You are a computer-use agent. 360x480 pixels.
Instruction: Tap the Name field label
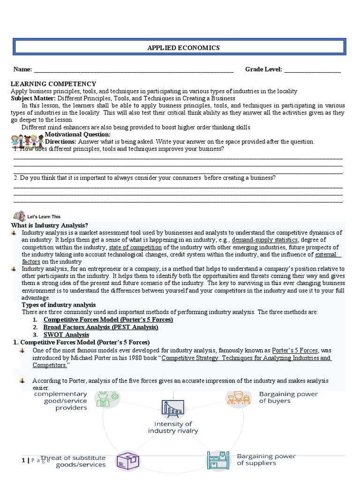[22, 69]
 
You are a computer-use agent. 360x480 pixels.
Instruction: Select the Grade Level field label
[263, 69]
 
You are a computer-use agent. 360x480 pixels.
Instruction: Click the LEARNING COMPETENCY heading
[53, 84]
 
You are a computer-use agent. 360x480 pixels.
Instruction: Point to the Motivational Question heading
[77, 135]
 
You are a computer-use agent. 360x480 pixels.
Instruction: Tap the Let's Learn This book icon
[19, 216]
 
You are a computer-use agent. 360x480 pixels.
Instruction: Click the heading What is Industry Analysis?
[50, 225]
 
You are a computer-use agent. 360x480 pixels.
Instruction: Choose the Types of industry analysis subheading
[59, 305]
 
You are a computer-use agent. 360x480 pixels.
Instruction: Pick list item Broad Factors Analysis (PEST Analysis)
[101, 327]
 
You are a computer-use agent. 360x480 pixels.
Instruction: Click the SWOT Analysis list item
[66, 335]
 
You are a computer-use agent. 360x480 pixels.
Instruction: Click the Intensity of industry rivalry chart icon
[172, 409]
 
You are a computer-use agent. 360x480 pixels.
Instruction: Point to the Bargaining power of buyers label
[288, 397]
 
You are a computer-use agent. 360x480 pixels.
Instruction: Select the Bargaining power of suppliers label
[266, 459]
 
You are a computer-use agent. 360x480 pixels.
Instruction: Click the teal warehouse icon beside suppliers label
[217, 460]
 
